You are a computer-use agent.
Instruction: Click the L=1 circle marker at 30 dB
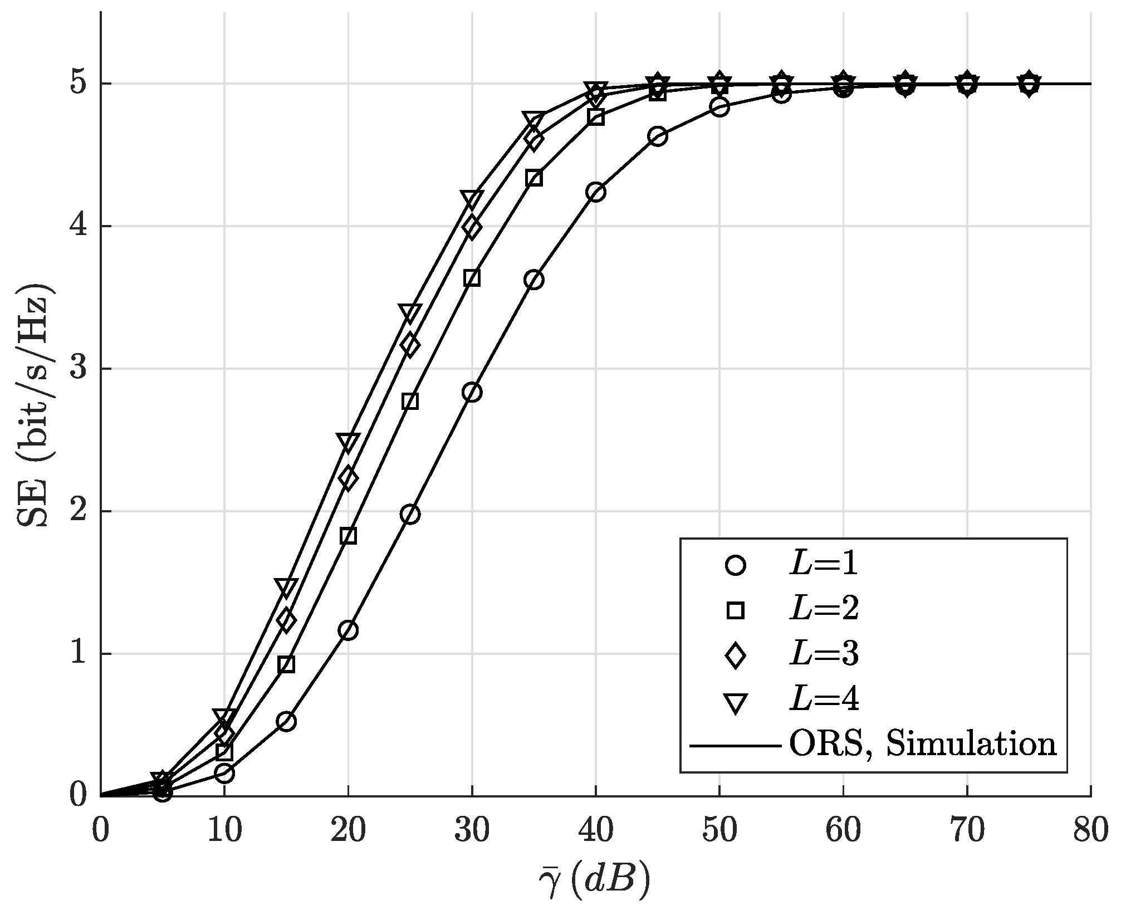tap(472, 392)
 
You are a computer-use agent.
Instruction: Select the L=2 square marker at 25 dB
tap(410, 401)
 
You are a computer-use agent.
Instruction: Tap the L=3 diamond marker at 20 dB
tap(348, 478)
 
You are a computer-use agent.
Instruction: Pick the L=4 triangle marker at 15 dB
tap(286, 587)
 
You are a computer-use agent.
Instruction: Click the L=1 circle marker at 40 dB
tap(595, 192)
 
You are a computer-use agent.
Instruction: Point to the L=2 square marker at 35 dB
tap(533, 178)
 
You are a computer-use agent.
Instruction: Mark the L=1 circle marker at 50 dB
tap(719, 107)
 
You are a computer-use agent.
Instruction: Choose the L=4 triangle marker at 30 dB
tap(472, 199)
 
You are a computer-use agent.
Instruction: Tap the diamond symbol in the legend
tap(736, 655)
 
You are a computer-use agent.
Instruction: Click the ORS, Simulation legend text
tap(922, 744)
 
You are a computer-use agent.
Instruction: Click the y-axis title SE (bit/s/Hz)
tap(35, 405)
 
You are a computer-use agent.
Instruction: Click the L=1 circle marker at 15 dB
tap(286, 722)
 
